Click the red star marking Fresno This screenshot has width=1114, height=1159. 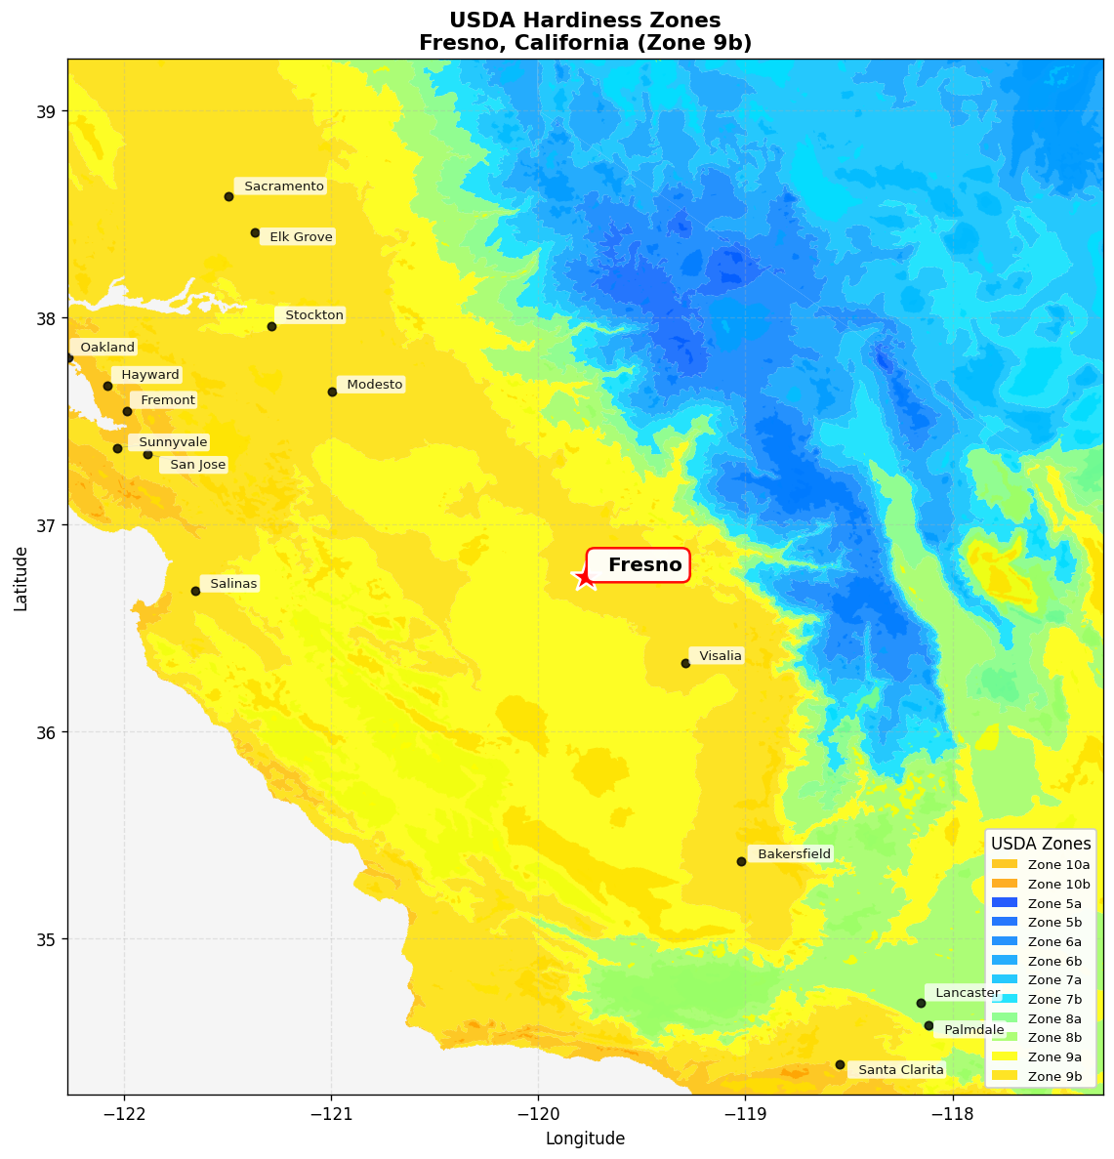[584, 577]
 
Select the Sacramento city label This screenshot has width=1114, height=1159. [281, 186]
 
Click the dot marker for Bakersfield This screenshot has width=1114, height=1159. [741, 861]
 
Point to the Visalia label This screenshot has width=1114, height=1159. [719, 656]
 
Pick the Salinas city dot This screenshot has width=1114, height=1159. [195, 591]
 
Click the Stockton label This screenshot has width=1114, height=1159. [312, 315]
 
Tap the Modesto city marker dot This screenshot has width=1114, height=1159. [332, 392]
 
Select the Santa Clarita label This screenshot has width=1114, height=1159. [898, 1070]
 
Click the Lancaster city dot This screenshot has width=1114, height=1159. [921, 1003]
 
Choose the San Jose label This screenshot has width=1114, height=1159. [195, 466]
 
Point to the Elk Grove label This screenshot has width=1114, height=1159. [299, 237]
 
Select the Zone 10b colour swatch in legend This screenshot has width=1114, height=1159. [1004, 884]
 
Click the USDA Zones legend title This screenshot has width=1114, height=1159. [1041, 843]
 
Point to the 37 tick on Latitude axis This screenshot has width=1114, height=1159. [47, 525]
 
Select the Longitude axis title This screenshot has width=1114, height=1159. [585, 1138]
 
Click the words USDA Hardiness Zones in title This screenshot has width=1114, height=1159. [585, 21]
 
